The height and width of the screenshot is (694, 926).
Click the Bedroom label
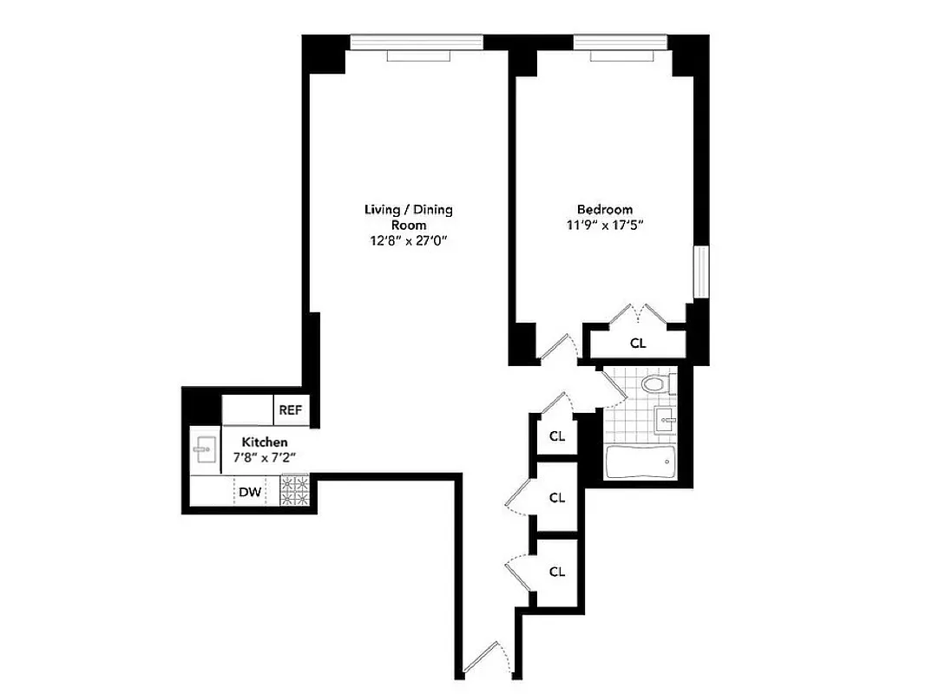tap(604, 209)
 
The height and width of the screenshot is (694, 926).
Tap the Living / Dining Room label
tap(408, 217)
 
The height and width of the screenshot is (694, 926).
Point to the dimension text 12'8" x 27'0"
tap(408, 242)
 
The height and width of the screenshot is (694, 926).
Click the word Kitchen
tap(264, 442)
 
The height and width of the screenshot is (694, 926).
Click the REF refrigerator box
tap(291, 409)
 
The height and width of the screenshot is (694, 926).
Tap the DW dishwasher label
tap(251, 493)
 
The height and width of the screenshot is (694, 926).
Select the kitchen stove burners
tap(294, 491)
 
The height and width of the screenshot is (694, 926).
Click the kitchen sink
tap(205, 448)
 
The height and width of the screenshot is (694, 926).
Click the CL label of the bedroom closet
tap(638, 343)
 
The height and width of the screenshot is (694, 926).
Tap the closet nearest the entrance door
tap(557, 572)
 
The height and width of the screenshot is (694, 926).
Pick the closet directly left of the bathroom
tap(557, 435)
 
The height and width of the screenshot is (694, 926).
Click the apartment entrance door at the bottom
tap(482, 660)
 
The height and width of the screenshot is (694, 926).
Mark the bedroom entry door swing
tap(555, 348)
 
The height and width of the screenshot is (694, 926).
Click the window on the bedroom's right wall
tap(701, 272)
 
